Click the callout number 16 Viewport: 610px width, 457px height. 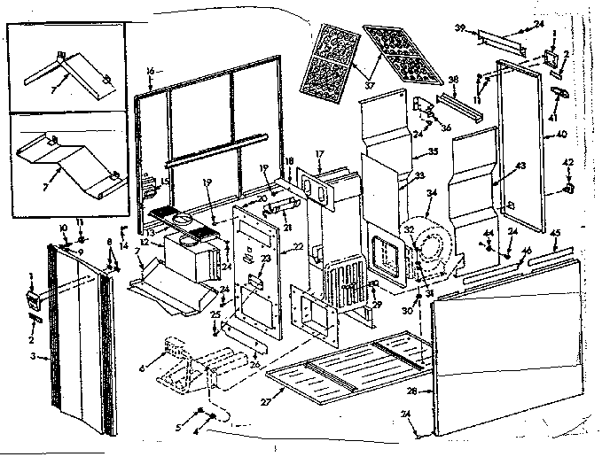[x=150, y=70]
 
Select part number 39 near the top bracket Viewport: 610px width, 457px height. [x=460, y=28]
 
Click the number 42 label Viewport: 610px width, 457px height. [x=568, y=161]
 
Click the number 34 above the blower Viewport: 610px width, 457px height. [x=432, y=193]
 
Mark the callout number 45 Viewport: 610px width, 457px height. [x=555, y=233]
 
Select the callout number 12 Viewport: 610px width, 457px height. [x=144, y=242]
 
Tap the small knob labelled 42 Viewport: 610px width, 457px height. [x=565, y=189]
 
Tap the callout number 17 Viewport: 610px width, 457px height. [x=319, y=153]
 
